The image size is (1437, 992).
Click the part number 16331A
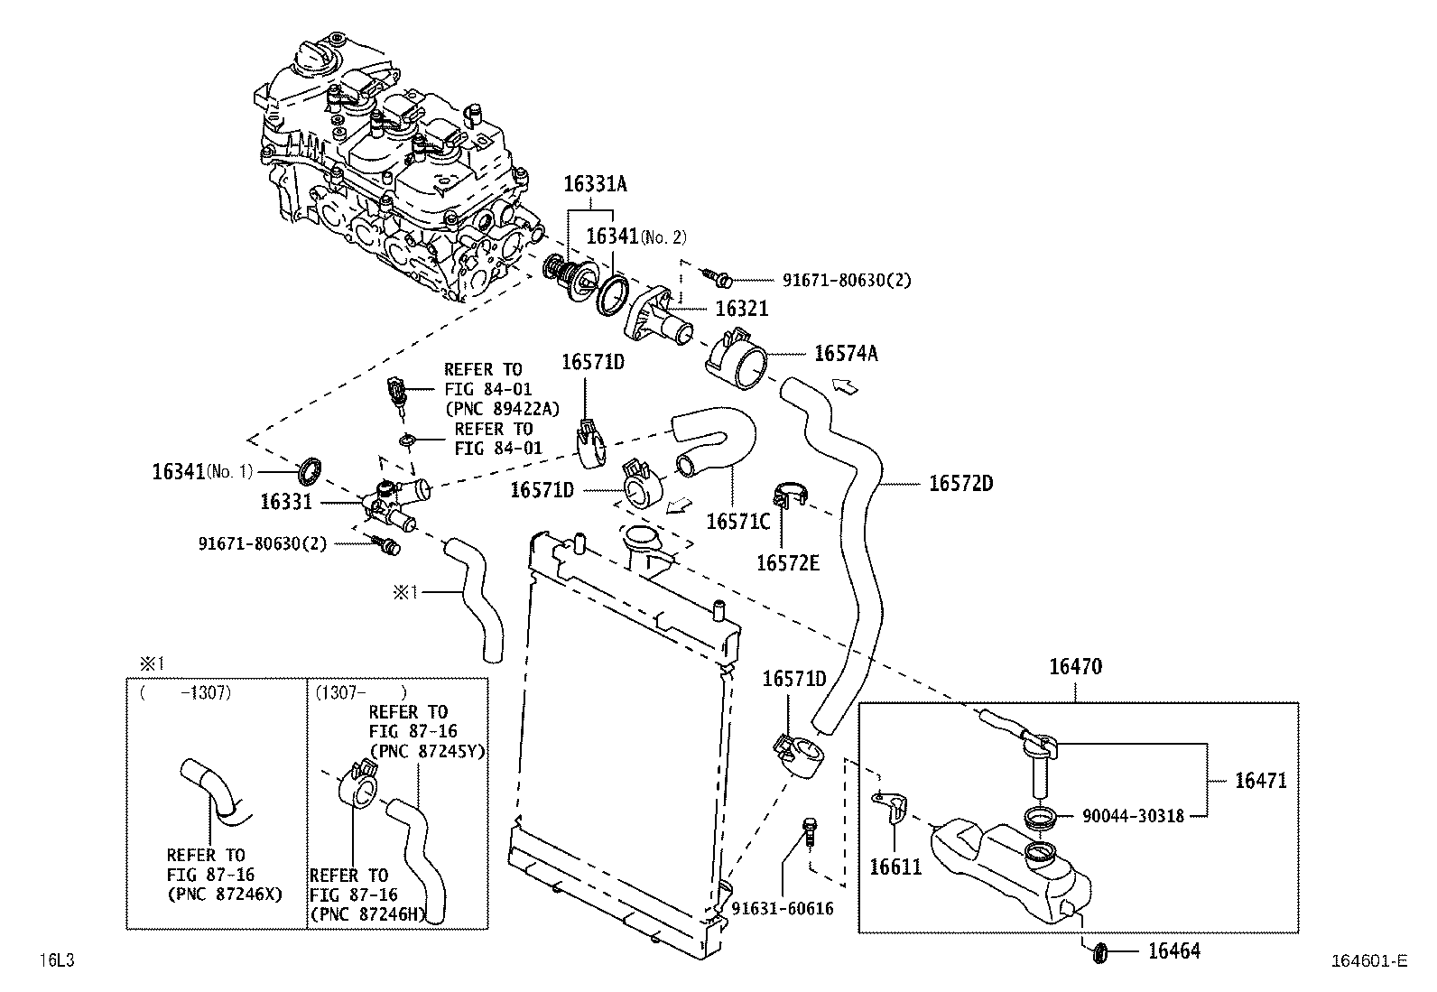pos(595,184)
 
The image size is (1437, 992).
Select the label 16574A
pos(845,353)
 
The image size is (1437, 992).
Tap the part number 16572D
pos(960,484)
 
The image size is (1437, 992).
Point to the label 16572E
pos(787,563)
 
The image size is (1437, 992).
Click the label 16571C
pos(737,521)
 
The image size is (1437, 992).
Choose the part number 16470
pos(1075,668)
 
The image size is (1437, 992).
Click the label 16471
pos(1260,781)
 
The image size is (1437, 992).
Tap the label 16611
pos(895,867)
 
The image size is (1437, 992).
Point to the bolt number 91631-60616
pos(783,909)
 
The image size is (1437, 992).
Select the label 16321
pos(741,310)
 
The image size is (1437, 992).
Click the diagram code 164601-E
pos(1367,961)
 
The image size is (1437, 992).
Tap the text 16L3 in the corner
pos(55,960)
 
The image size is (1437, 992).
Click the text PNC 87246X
pos(225,895)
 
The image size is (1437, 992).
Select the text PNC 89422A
pos(502,409)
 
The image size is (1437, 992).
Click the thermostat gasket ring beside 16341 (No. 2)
pos(613,296)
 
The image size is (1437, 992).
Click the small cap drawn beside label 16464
pos(1099,951)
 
